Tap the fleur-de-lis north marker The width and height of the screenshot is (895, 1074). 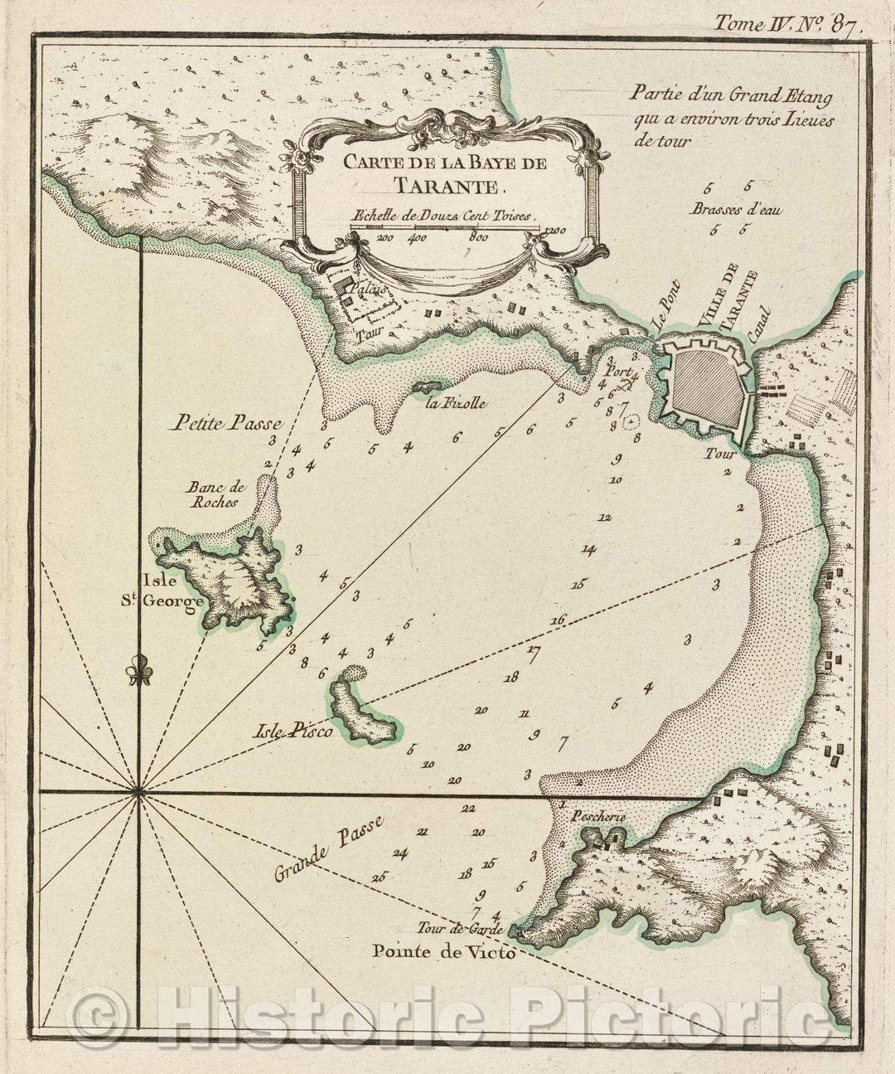pyautogui.click(x=138, y=674)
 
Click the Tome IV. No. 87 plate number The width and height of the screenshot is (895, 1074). pyautogui.click(x=788, y=23)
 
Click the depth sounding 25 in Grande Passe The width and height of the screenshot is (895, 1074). pyautogui.click(x=380, y=876)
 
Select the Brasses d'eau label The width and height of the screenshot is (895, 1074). pyautogui.click(x=728, y=209)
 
